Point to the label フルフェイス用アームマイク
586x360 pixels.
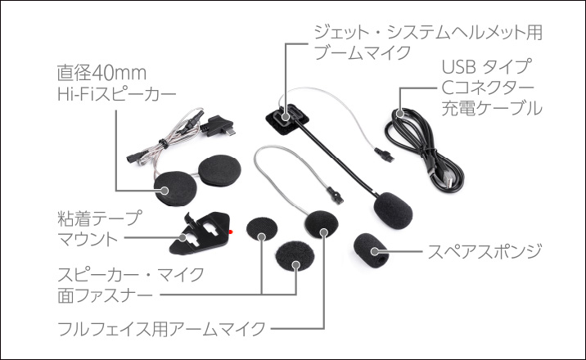(160, 329)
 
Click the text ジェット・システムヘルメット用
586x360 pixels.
(428, 33)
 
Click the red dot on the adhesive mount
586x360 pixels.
(232, 232)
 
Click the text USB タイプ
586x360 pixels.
(485, 65)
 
